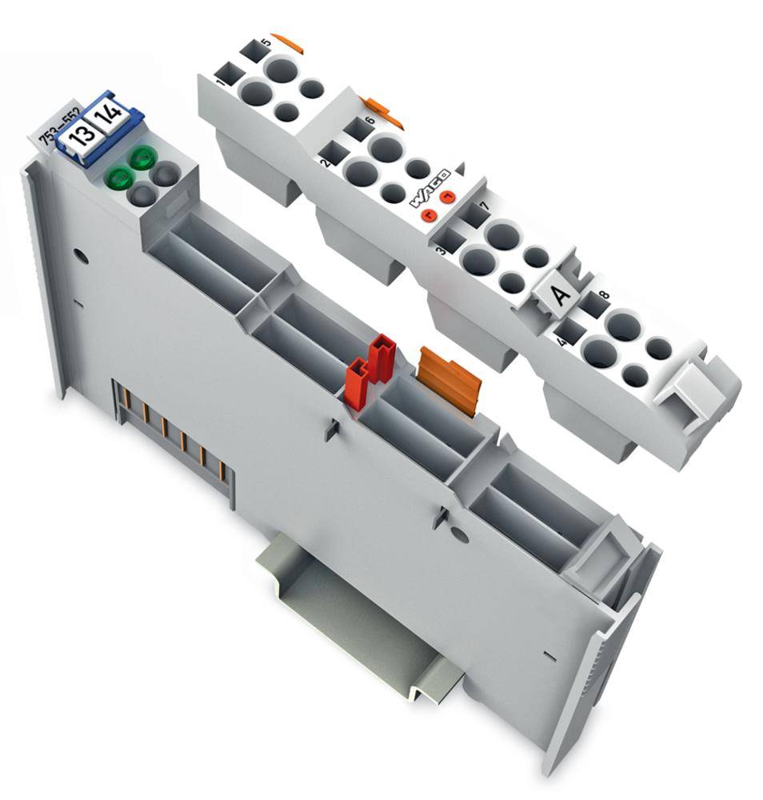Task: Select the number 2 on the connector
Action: pos(325,163)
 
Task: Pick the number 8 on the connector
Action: pos(604,295)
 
